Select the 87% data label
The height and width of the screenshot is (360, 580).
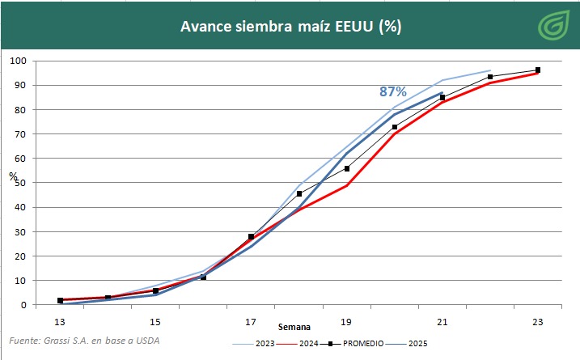click(x=393, y=91)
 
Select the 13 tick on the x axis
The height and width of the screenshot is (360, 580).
click(x=59, y=322)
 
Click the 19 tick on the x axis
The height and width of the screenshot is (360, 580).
click(x=347, y=322)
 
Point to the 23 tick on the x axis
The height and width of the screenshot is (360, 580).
click(x=537, y=322)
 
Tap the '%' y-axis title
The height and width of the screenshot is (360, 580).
click(x=13, y=176)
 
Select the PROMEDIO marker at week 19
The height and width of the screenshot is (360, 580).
click(x=347, y=168)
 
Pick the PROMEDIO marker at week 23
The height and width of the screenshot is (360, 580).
click(x=537, y=70)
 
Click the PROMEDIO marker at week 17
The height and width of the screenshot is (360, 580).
click(x=251, y=236)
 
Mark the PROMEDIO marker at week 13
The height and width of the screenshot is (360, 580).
click(x=60, y=300)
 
